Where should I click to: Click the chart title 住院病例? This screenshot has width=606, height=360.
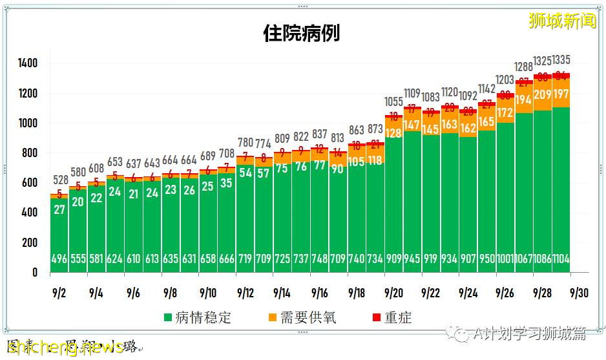tap(301, 33)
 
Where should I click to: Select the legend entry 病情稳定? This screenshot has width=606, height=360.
tap(198, 317)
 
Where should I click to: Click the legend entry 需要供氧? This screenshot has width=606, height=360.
tap(302, 317)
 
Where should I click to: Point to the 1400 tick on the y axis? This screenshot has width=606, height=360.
tap(28, 63)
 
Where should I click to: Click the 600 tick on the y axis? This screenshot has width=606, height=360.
tap(30, 183)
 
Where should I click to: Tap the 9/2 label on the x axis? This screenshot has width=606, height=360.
tap(59, 292)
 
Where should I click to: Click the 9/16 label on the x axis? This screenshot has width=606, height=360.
tap(320, 292)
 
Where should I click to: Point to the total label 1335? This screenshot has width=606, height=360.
tap(559, 61)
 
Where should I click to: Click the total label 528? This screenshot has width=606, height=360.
tap(59, 179)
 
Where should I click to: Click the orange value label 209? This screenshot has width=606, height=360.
tap(543, 96)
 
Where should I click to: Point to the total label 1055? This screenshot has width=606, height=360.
tap(393, 102)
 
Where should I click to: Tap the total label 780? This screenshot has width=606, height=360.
tap(246, 142)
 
